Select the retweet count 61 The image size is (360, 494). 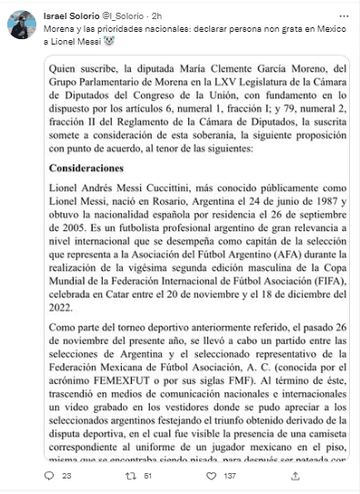point(147,475)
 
